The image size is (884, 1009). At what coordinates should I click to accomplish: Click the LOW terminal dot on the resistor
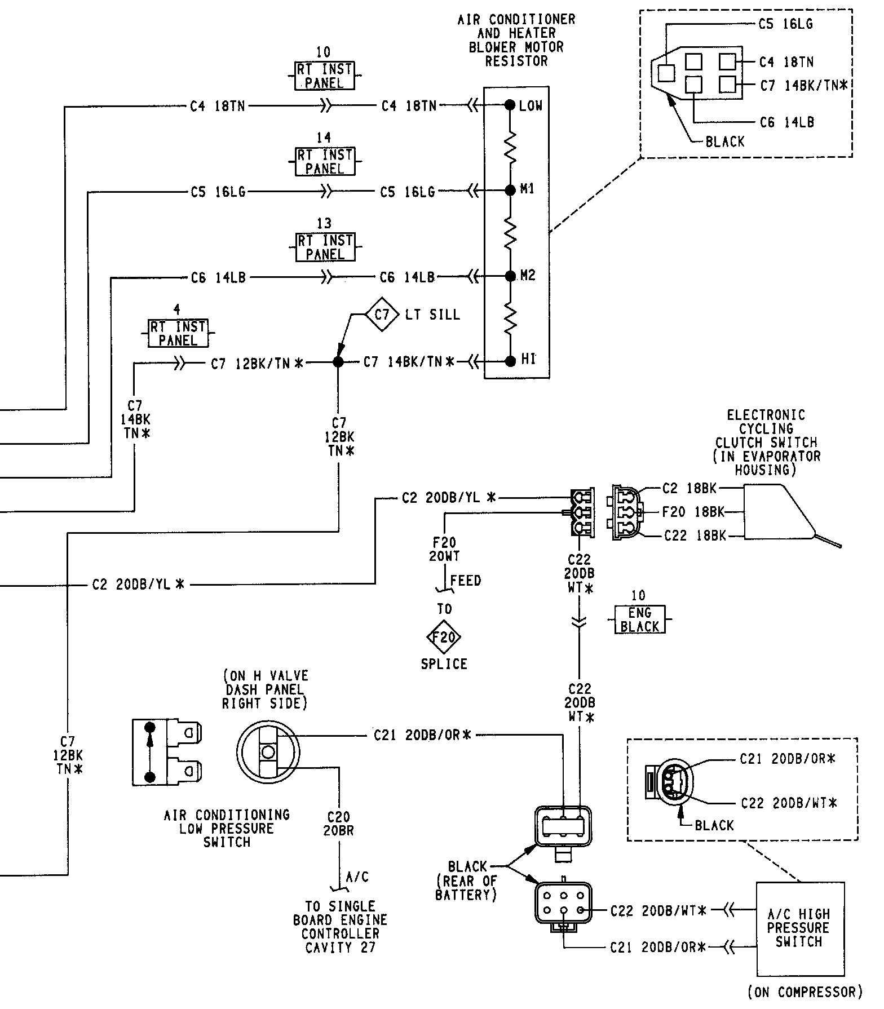click(510, 105)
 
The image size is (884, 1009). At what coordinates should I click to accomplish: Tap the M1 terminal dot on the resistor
click(510, 191)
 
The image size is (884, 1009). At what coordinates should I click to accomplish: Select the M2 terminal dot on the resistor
click(510, 276)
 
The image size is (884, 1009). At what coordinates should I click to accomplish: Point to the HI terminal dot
click(510, 361)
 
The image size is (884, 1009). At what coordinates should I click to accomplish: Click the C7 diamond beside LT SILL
click(382, 313)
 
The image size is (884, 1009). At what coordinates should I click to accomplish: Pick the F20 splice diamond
click(444, 637)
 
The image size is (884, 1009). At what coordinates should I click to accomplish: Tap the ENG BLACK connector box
click(639, 619)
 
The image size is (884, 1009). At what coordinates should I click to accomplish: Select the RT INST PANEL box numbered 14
click(325, 162)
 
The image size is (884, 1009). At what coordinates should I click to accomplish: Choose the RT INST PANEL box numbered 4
click(178, 333)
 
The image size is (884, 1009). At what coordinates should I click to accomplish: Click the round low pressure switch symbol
click(268, 751)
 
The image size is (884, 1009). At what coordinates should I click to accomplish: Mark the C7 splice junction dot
click(338, 362)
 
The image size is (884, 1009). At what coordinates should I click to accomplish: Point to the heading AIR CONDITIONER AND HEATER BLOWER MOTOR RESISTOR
click(516, 40)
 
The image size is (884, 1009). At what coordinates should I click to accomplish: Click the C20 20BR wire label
click(338, 823)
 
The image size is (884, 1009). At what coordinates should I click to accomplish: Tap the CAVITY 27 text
click(340, 947)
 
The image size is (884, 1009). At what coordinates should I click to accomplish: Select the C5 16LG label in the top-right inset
click(785, 24)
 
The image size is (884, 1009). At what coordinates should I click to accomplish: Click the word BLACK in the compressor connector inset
click(714, 825)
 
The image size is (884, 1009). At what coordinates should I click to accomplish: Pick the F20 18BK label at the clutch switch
click(693, 512)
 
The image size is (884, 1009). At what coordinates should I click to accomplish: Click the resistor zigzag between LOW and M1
click(510, 148)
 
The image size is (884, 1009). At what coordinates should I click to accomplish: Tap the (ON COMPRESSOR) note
click(805, 992)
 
